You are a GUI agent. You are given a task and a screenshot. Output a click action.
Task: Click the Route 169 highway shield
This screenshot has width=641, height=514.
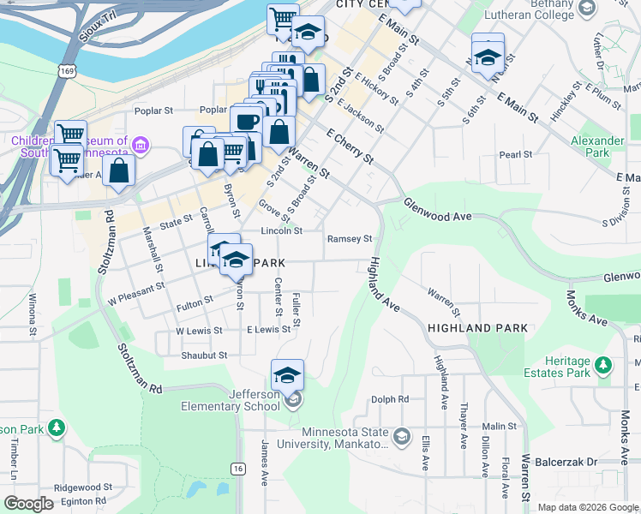pos(65,71)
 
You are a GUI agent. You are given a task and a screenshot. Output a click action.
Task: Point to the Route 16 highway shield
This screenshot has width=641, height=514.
pos(237,468)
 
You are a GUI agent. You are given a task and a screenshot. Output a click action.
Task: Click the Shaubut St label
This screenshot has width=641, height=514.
pos(204,355)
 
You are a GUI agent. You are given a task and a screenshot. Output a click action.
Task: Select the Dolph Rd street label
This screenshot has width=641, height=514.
pos(390,399)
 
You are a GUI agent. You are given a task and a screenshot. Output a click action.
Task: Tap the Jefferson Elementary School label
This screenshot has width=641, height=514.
pos(230,399)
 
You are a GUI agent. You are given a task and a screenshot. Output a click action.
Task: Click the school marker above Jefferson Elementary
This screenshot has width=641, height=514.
pos(288,374)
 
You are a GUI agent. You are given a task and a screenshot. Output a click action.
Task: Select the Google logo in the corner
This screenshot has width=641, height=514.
pos(29,504)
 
